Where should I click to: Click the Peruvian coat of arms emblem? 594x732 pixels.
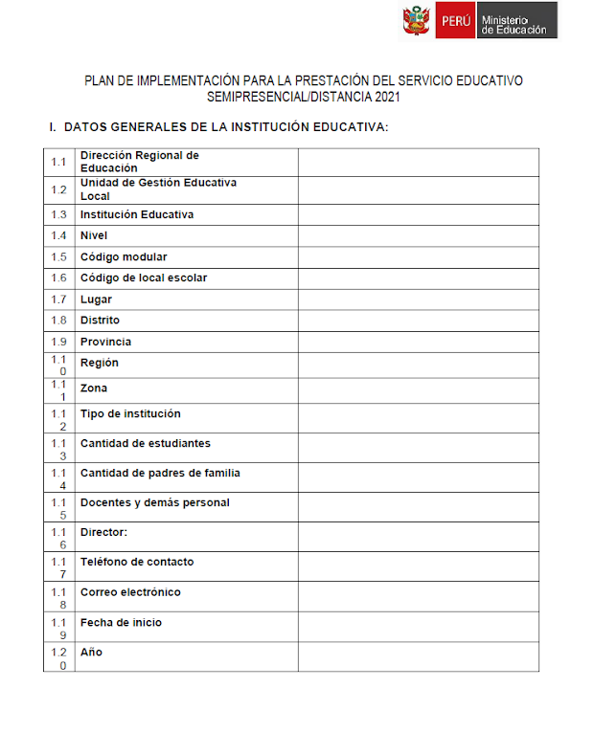[x=418, y=20]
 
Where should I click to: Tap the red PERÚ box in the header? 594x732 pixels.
[x=455, y=21]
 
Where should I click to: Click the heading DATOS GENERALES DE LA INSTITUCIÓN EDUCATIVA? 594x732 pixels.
[x=225, y=127]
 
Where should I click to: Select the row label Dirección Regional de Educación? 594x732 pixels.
[x=139, y=162]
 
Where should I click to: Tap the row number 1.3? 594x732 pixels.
[x=59, y=214]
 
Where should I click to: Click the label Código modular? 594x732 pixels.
[x=124, y=256]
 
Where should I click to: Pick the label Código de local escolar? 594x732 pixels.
[x=144, y=277]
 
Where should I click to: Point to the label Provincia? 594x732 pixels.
[x=105, y=342]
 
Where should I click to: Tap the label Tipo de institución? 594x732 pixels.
[x=130, y=414]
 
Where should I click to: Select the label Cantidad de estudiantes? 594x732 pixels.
[x=146, y=444]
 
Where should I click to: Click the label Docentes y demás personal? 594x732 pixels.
[x=155, y=503]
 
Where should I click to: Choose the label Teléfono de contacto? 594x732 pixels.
[x=137, y=563]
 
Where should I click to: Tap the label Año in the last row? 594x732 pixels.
[x=91, y=653]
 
